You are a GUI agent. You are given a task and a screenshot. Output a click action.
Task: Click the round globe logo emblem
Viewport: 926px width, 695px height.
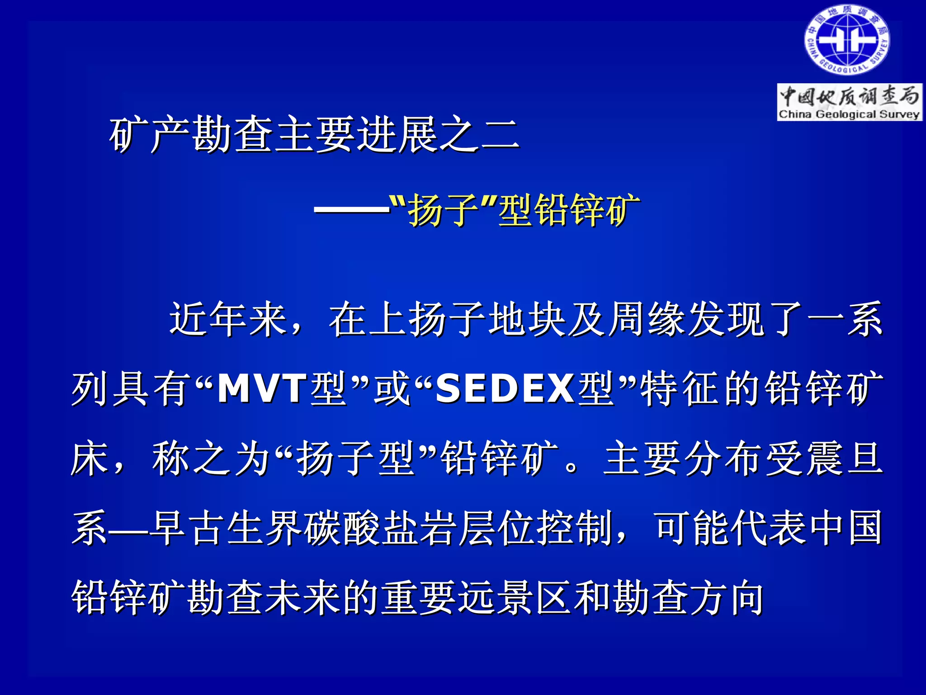(x=846, y=40)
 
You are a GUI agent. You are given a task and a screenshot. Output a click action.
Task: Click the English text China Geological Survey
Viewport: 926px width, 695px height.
(x=849, y=114)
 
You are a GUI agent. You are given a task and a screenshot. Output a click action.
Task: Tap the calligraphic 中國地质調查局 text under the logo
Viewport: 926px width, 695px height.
(x=849, y=96)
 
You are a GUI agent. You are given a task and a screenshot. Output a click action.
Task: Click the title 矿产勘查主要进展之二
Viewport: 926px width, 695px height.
(x=314, y=134)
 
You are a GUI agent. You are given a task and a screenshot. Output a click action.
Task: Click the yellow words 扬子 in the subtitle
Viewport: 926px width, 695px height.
(x=443, y=210)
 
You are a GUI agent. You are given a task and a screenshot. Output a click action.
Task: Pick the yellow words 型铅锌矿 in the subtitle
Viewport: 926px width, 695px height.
(x=569, y=210)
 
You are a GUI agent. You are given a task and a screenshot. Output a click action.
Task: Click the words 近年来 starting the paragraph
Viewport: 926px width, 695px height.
(x=229, y=319)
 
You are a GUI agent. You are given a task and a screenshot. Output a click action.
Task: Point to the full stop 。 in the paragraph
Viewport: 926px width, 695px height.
(x=572, y=466)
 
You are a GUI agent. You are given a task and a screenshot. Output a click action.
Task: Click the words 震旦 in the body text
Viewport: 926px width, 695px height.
(x=844, y=459)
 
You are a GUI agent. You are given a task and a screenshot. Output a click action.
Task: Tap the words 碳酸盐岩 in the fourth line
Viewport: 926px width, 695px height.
(x=380, y=528)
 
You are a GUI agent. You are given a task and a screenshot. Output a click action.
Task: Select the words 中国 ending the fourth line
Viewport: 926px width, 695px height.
(x=845, y=528)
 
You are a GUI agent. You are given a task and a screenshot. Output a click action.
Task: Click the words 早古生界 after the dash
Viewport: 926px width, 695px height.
(x=226, y=528)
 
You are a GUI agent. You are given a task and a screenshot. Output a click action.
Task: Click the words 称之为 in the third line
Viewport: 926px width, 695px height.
(x=211, y=459)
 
